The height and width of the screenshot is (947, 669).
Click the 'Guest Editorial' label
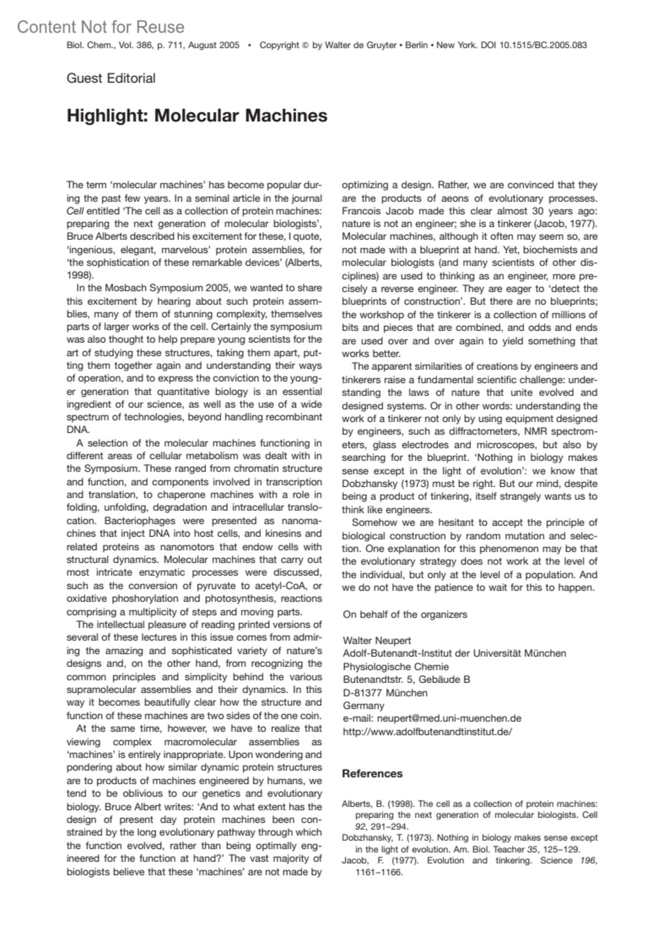(x=111, y=78)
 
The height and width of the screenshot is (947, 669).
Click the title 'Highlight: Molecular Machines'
(x=197, y=115)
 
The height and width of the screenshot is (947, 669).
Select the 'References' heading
(x=372, y=774)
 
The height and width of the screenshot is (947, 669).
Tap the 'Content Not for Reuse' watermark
(x=100, y=27)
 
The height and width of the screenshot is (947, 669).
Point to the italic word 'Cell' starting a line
(x=75, y=211)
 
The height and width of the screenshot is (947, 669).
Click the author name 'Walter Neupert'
(x=377, y=640)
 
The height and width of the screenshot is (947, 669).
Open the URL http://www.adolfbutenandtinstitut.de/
(x=427, y=732)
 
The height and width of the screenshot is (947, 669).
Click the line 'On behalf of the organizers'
(x=405, y=614)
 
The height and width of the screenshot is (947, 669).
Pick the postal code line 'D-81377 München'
(x=385, y=693)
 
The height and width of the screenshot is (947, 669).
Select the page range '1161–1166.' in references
(x=379, y=872)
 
